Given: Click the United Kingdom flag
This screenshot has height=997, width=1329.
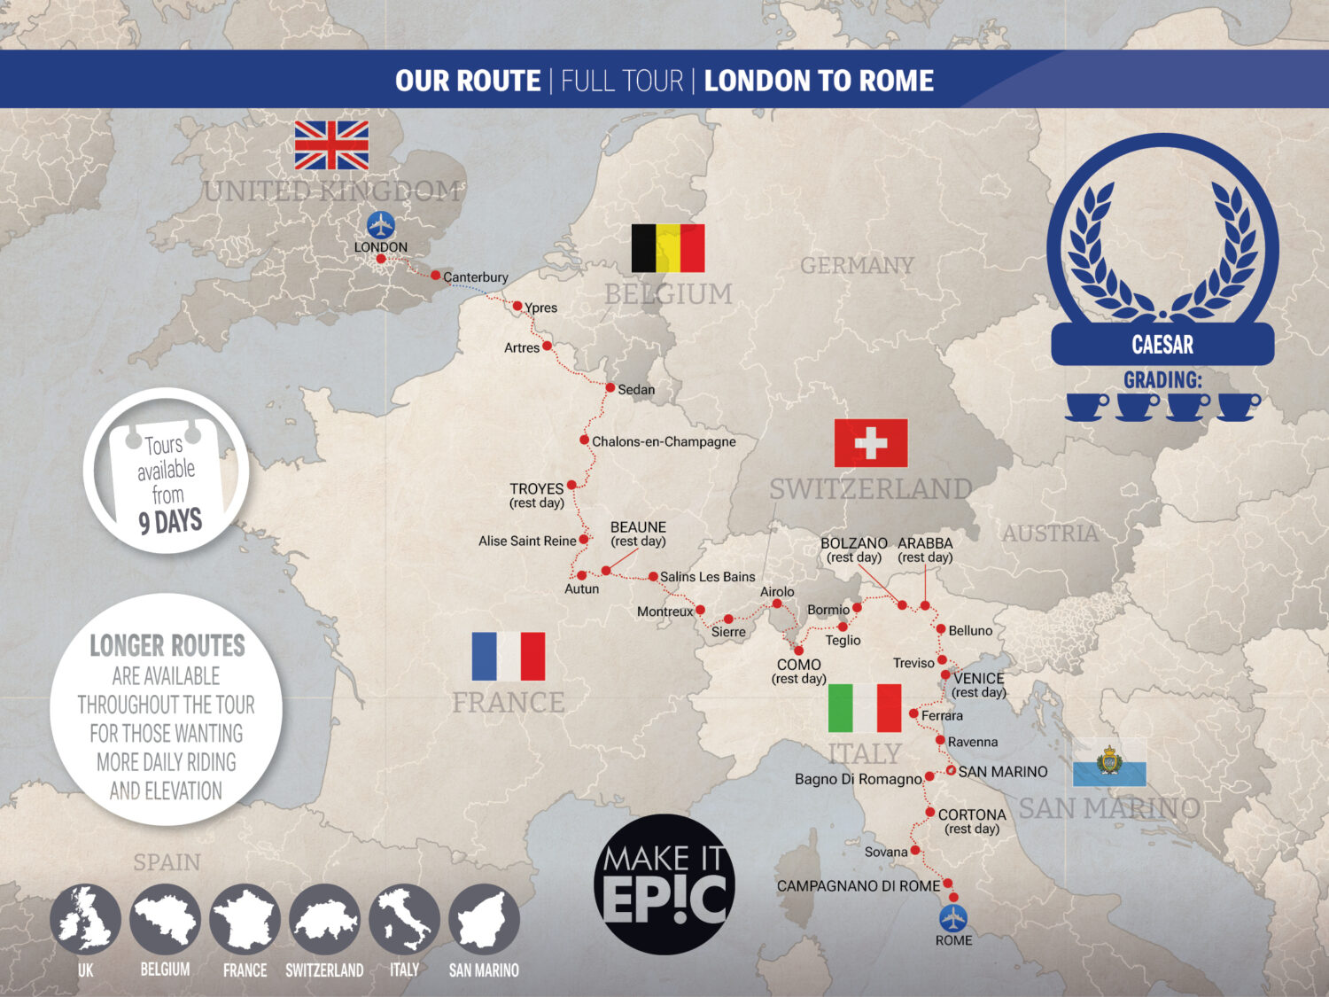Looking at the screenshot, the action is [x=331, y=145].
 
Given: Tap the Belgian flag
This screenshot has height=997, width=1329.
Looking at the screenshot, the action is [x=668, y=248].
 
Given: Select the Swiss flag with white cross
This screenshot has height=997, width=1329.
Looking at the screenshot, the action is [x=871, y=443].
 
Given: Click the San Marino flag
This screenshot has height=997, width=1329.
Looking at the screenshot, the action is [x=1109, y=763].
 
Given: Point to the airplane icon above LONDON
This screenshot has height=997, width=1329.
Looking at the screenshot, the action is [x=381, y=224].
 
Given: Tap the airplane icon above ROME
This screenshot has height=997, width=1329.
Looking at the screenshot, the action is [x=953, y=917].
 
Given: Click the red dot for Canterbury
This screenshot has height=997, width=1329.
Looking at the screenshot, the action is [x=436, y=276].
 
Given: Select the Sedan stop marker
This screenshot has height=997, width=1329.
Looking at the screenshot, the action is [x=610, y=388].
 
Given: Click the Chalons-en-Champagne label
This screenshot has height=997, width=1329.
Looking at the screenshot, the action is [x=664, y=441].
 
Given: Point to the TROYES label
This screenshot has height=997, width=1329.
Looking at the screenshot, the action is [x=537, y=488].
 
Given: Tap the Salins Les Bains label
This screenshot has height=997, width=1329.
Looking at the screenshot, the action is [x=707, y=577].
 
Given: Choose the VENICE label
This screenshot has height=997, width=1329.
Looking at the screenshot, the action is [x=979, y=678].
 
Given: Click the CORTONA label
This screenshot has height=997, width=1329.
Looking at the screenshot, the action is [x=972, y=814].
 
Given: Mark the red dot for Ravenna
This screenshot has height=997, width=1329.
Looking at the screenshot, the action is [x=940, y=740].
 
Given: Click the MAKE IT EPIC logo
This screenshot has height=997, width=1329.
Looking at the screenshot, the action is [x=664, y=884].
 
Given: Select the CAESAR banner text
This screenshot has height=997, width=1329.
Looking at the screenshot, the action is [x=1162, y=345].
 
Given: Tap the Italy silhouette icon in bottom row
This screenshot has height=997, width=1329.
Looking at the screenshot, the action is [x=404, y=920].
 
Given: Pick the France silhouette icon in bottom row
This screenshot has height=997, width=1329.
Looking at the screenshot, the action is [x=245, y=920].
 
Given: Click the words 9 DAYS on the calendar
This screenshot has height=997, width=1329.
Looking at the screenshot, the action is [x=170, y=521].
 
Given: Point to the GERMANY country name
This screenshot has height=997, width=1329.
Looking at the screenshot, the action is [x=857, y=265].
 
